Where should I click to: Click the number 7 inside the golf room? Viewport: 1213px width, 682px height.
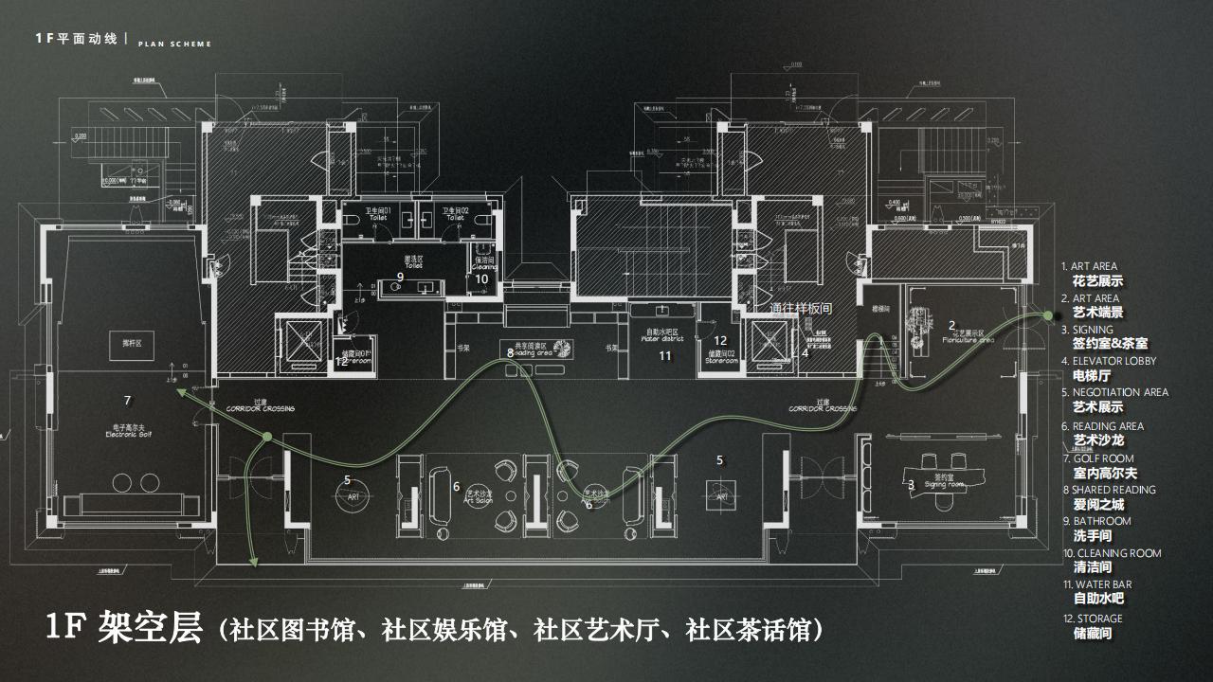pos(128,400)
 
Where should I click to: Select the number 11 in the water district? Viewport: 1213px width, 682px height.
pos(665,356)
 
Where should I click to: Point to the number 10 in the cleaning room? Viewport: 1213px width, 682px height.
pos(481,278)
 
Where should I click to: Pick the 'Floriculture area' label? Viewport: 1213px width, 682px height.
pos(964,335)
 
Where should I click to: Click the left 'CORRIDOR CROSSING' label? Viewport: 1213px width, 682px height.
pos(260,408)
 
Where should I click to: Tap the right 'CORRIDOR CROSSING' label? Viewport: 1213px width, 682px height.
pos(823,408)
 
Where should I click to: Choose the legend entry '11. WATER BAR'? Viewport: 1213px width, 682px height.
pos(1096,584)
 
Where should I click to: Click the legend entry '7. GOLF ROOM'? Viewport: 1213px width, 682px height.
pos(1097,458)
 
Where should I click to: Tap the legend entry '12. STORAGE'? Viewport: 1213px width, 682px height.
pos(1092,619)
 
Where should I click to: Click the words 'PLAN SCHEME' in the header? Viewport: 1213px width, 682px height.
pos(174,44)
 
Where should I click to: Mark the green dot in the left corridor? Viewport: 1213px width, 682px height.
pos(267,436)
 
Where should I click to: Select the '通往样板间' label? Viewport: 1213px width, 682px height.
pos(801,308)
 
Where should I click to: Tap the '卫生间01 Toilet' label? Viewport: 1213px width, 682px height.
pos(378,213)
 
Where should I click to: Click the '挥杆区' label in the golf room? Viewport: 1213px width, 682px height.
pos(119,342)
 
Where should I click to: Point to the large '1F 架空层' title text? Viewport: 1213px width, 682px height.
pos(124,628)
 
